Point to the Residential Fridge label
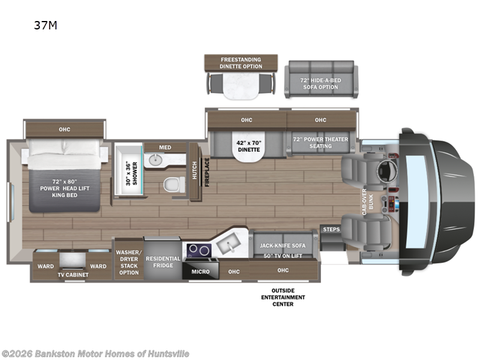click(163, 262)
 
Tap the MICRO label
click(201, 272)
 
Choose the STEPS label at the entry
click(331, 229)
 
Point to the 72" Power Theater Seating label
click(320, 143)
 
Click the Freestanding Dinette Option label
click(241, 62)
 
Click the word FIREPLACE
click(206, 172)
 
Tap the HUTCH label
click(195, 171)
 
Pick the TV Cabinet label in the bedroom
click(73, 275)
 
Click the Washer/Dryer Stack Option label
click(128, 262)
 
